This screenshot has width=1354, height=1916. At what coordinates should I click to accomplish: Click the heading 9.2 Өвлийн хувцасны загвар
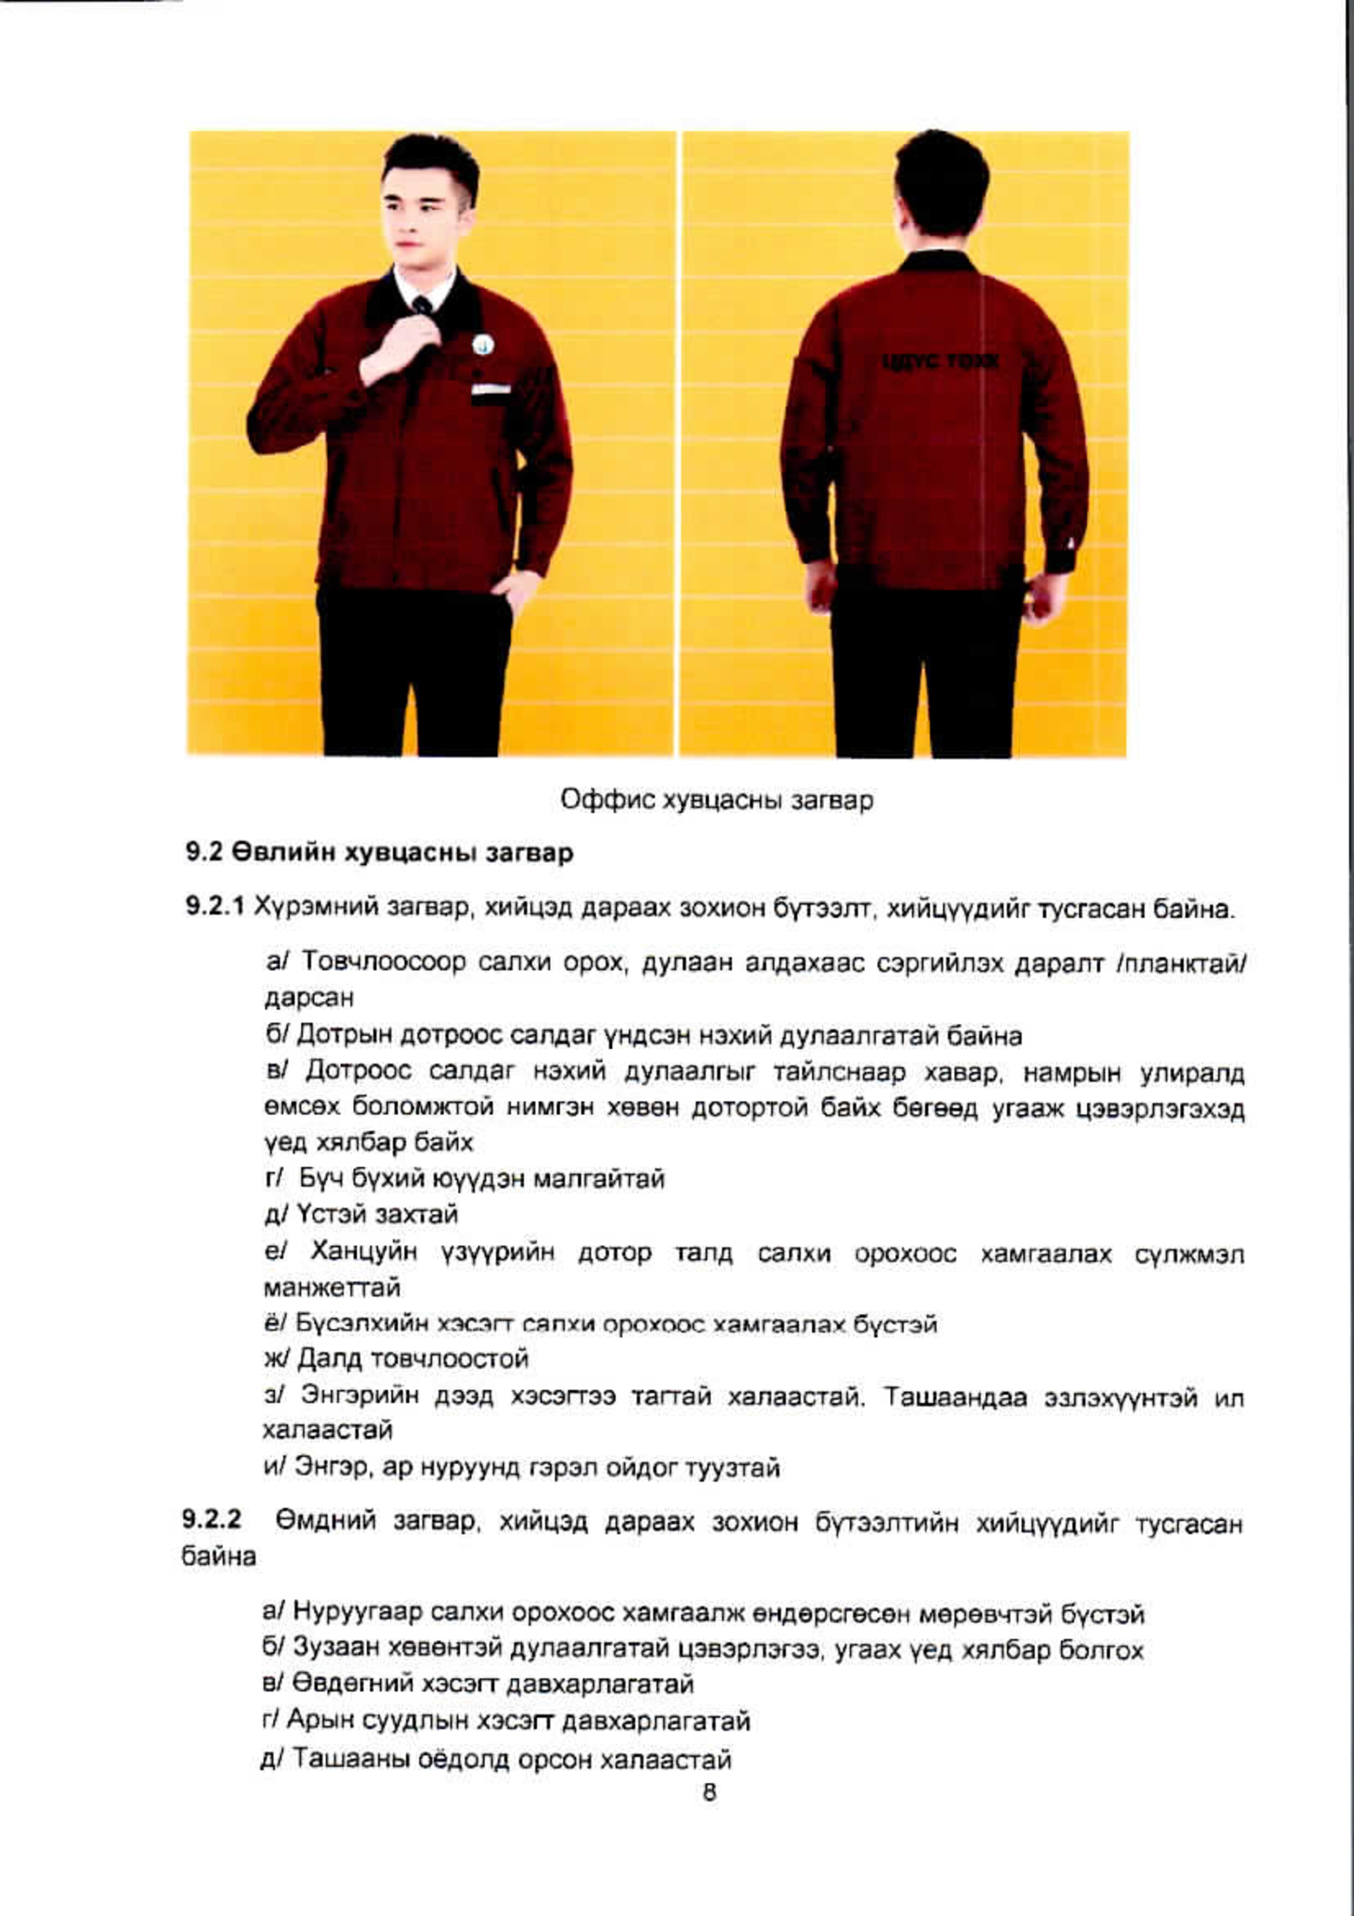pos(380,853)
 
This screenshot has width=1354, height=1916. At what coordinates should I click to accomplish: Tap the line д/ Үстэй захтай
pos(361,1214)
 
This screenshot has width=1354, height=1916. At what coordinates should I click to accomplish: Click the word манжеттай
pos(332,1288)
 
